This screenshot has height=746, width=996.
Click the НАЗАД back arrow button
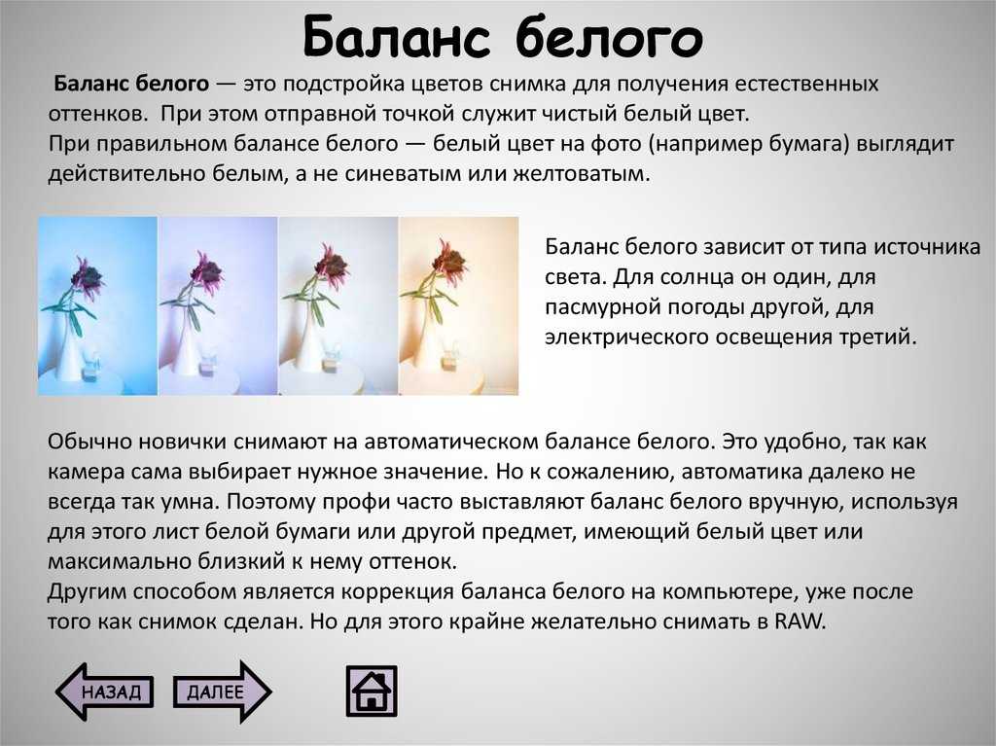click(105, 692)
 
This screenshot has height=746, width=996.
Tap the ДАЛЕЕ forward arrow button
click(223, 692)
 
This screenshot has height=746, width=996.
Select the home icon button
click(372, 691)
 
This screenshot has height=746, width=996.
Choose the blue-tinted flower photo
click(97, 305)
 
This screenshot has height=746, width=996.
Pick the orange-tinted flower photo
click(459, 305)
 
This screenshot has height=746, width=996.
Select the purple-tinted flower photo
click(217, 305)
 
